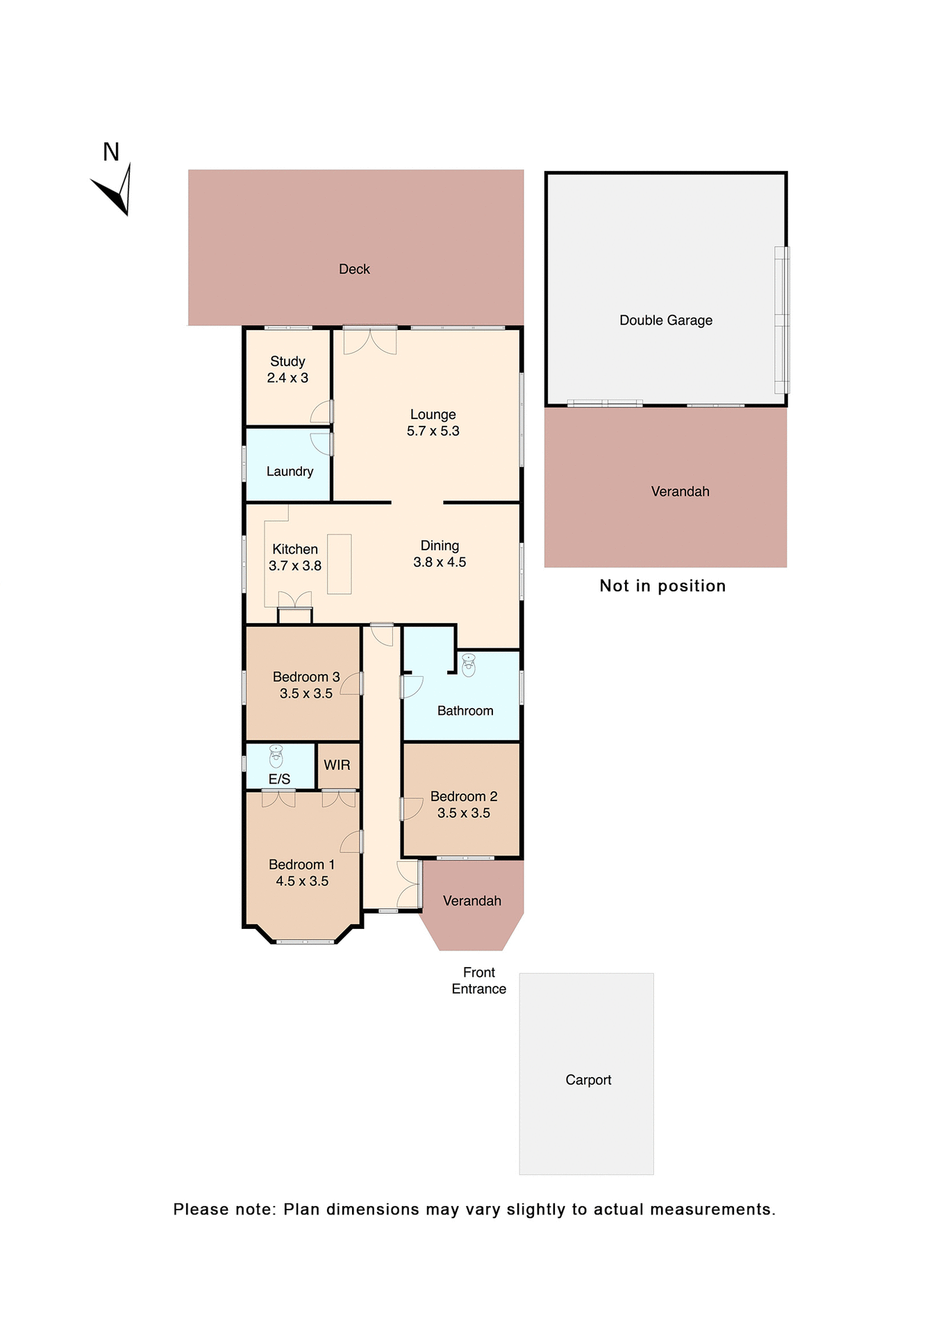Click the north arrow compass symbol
pos(115,188)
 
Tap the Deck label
pos(354,269)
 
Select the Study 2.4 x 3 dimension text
pos(287,378)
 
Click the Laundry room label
pos(290,471)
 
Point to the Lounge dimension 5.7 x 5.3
pos(433,431)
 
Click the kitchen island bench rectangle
pos(340,563)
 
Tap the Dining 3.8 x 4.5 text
pos(440,554)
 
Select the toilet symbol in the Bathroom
pos(469,665)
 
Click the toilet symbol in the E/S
pos(276,757)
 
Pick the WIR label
pos(337,765)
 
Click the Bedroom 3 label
pos(306,677)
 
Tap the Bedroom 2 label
pos(463,796)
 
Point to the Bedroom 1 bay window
pos(306,941)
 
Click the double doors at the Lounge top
pos(370,340)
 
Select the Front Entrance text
pos(478,980)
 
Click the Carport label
pos(587,1080)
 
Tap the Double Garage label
pos(665,320)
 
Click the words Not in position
pos(662,586)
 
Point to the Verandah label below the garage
pos(680,491)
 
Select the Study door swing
pos(321,413)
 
